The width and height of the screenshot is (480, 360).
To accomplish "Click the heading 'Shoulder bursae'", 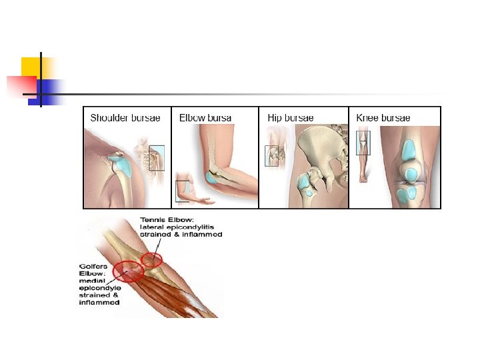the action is click(x=125, y=118).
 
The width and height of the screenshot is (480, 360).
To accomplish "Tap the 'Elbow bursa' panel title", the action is click(x=205, y=118).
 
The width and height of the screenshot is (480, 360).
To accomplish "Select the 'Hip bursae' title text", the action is click(x=290, y=118).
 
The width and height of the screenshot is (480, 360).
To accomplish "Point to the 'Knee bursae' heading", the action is click(x=383, y=118).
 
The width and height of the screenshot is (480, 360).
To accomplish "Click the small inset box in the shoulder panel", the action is click(x=157, y=158).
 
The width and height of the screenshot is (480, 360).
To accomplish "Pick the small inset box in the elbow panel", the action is click(x=182, y=191).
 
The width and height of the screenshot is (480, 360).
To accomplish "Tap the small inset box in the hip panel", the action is click(x=272, y=155).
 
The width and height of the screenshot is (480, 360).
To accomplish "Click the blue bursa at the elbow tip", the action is click(x=214, y=177).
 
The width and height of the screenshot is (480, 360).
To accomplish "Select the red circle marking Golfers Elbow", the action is click(x=128, y=271).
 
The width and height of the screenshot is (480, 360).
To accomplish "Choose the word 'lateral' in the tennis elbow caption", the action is click(x=152, y=227).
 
